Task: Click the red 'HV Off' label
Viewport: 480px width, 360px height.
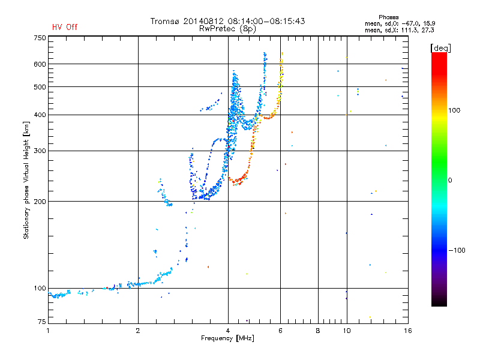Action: coord(65,27)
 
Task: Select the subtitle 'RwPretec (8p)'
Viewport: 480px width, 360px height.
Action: coord(227,29)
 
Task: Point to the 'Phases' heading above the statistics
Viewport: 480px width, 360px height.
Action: coord(388,17)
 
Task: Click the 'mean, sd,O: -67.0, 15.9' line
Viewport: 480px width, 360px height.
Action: coord(400,23)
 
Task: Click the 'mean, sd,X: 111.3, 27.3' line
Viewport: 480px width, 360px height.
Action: coord(400,30)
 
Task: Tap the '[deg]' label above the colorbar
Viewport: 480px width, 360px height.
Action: coord(440,48)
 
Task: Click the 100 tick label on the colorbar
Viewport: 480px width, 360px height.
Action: coord(454,110)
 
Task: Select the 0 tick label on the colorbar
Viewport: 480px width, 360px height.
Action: coord(450,181)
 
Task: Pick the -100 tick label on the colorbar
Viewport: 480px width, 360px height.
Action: coord(457,250)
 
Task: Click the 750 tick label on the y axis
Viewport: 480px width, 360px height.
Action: coord(40,38)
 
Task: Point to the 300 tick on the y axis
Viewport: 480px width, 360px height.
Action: coord(40,151)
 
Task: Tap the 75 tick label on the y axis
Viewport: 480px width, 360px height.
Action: coord(42,322)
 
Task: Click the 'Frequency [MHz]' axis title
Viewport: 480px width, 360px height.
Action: coord(227,338)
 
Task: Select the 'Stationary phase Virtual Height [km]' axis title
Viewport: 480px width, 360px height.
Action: coord(26,181)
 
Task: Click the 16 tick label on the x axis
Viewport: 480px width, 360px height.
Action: coord(408,331)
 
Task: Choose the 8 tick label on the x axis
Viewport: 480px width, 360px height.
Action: coord(318,331)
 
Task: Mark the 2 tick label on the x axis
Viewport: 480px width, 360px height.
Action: coord(138,331)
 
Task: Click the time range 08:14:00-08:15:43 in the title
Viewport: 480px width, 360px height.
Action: coord(266,21)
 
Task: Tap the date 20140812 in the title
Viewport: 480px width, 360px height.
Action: coord(203,21)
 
